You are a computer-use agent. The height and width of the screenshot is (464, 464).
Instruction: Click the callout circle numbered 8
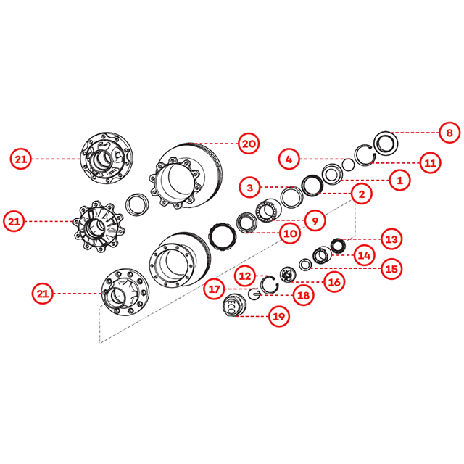click(449, 133)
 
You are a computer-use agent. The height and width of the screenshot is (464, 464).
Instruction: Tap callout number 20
click(249, 144)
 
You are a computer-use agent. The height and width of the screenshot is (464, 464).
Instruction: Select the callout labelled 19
click(278, 316)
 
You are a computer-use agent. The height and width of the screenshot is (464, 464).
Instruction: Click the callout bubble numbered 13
click(391, 239)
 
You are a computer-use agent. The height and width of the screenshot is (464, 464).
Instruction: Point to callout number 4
click(289, 159)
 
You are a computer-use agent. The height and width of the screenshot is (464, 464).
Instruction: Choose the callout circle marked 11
click(430, 162)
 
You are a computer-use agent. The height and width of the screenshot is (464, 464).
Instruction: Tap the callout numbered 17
click(215, 289)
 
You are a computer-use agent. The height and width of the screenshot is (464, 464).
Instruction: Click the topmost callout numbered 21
click(21, 159)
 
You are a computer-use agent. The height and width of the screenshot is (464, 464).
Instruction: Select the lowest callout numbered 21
click(43, 294)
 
